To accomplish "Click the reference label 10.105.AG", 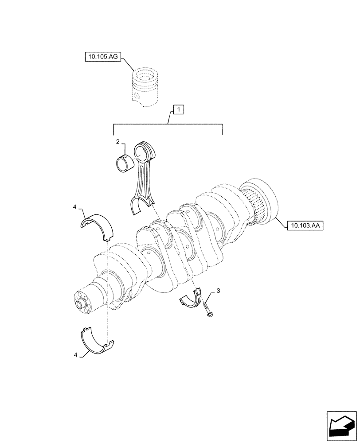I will point(102,56).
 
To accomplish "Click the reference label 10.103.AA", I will point(305,226).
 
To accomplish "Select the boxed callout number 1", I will point(177,109).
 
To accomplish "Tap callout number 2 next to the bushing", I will point(118,141).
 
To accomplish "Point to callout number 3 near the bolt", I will point(218,291).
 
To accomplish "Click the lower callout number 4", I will point(76,355).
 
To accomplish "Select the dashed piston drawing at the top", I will point(145,87).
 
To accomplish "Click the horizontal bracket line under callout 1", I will point(168,124).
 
